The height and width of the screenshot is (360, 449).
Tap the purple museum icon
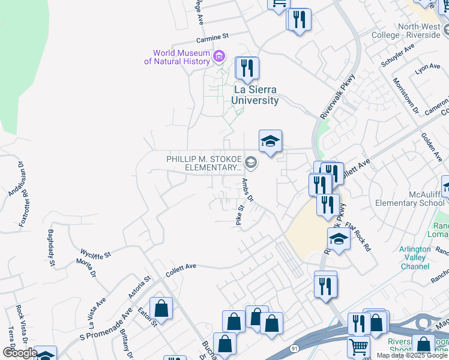[219, 57]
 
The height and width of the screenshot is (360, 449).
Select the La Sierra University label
[256, 95]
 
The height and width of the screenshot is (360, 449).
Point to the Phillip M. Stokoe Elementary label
[204, 163]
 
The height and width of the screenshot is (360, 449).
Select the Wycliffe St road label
[95, 254]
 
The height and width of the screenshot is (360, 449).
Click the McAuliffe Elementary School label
[409, 199]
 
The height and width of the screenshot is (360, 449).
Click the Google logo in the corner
[19, 353]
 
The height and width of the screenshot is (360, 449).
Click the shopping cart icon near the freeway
[358, 346]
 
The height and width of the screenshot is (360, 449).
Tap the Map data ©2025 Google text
[412, 355]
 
